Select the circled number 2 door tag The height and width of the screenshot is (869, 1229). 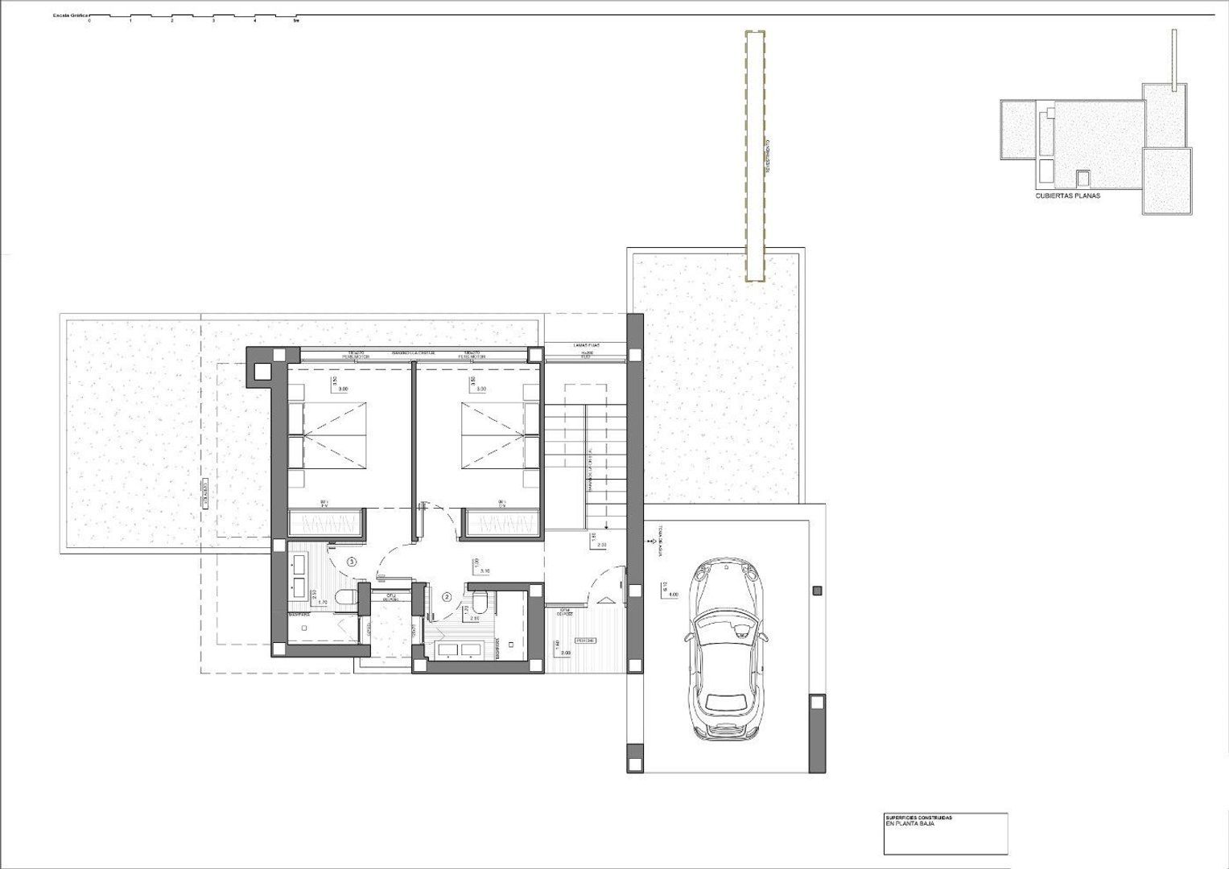[x=447, y=597]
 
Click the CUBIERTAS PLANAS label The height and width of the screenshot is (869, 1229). [x=1067, y=196]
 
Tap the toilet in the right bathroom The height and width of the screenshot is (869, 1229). [x=480, y=599]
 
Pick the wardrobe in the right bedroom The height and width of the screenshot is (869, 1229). [x=503, y=525]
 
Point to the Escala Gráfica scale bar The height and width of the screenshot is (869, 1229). [x=193, y=17]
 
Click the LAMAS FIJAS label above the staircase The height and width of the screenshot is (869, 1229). [x=584, y=346]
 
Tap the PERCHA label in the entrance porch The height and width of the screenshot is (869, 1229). [x=585, y=640]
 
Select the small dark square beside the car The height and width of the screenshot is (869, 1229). [x=818, y=591]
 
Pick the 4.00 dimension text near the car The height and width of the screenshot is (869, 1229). [x=673, y=595]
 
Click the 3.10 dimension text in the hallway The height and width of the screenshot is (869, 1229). [x=483, y=570]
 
